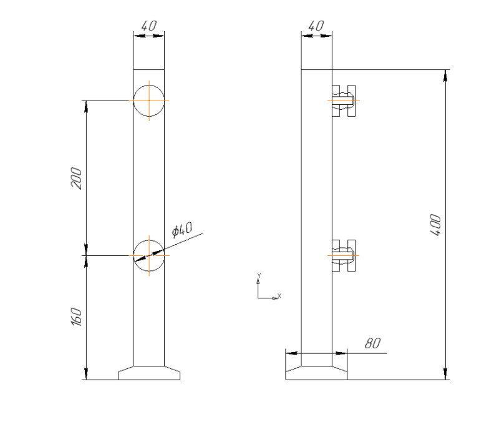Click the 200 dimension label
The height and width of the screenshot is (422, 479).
coord(76,179)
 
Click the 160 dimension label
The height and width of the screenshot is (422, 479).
coord(76,316)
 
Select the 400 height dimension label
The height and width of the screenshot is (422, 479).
coord(435,225)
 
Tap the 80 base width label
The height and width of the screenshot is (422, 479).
coord(373,343)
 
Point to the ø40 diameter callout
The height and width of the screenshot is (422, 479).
coord(182,229)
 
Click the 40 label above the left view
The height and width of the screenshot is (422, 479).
coord(149,26)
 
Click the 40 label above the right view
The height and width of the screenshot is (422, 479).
coord(316,26)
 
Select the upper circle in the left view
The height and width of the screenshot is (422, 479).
coord(149,101)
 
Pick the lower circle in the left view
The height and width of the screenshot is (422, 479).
coord(149,256)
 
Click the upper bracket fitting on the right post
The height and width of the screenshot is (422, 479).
coord(344,101)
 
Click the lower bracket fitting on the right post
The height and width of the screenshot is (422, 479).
coord(344,256)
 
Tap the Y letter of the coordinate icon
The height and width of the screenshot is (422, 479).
coord(259,275)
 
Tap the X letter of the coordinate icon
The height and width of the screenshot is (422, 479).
coord(279,296)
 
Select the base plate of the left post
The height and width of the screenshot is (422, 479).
coord(149,373)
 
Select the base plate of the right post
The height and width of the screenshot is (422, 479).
coord(316,373)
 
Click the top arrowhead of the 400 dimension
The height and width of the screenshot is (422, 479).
coord(446,76)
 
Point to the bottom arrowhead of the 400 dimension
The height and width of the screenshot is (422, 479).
coord(446,374)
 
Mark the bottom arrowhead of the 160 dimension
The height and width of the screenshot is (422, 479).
coord(86,374)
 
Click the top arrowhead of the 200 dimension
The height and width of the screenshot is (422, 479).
coord(86,106)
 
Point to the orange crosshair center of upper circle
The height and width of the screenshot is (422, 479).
coord(149,101)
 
